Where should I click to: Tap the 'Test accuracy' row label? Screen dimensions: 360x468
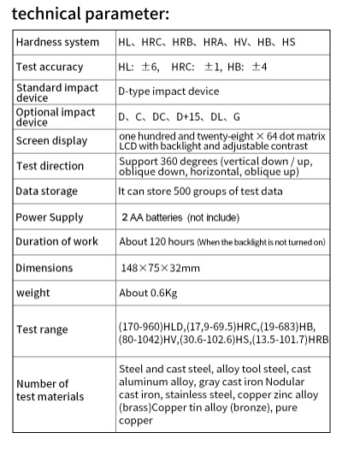(50, 67)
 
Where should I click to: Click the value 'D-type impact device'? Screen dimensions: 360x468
(168, 92)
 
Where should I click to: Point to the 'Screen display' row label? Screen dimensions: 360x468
(51, 141)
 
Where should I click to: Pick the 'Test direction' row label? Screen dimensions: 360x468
(50, 166)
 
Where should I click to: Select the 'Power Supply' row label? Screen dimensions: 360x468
(49, 217)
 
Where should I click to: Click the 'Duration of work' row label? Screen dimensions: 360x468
(56, 242)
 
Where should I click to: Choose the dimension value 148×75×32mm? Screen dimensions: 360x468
(160, 268)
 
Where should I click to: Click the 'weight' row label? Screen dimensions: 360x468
(32, 293)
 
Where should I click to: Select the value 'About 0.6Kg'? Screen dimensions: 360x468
(148, 293)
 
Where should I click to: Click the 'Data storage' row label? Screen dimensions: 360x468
(46, 191)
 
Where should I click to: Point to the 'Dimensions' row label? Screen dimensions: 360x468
(44, 268)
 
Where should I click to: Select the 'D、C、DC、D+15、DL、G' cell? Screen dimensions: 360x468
(180, 116)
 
